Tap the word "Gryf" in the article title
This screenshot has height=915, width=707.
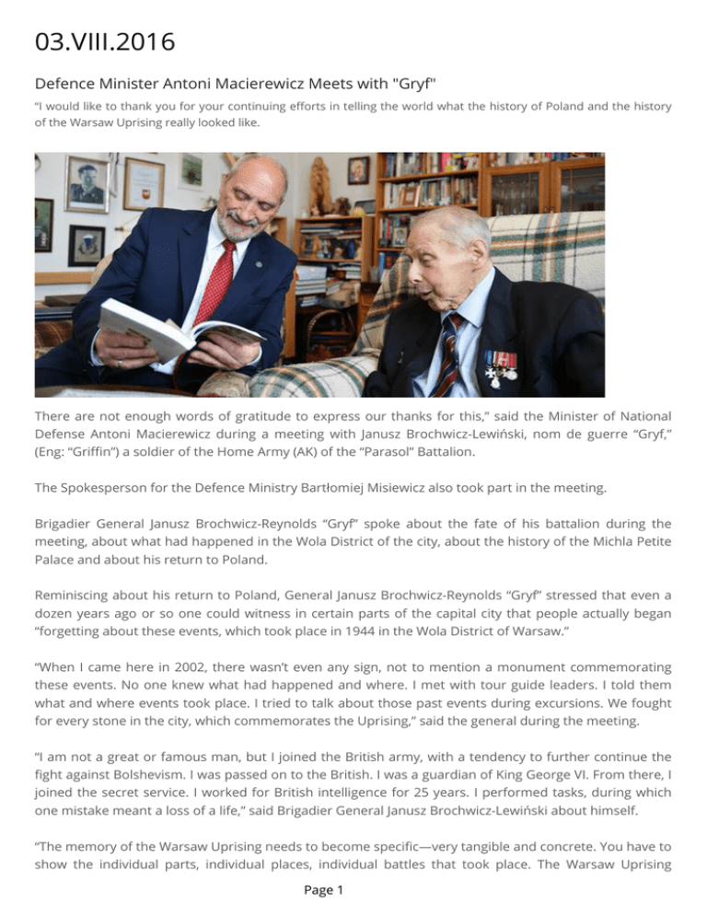[414, 84]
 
